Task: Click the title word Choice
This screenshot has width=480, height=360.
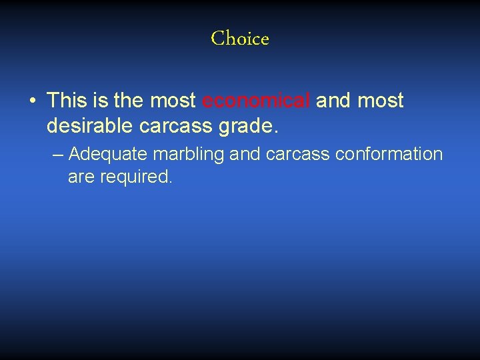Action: (x=240, y=39)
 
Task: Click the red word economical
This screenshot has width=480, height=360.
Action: (x=256, y=101)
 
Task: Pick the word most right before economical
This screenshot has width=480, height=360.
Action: (x=173, y=101)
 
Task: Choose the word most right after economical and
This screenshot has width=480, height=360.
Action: (x=381, y=101)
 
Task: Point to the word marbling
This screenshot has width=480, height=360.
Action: (x=189, y=155)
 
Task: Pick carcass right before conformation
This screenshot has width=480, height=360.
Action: (x=298, y=155)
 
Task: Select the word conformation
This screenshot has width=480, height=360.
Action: (x=389, y=155)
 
